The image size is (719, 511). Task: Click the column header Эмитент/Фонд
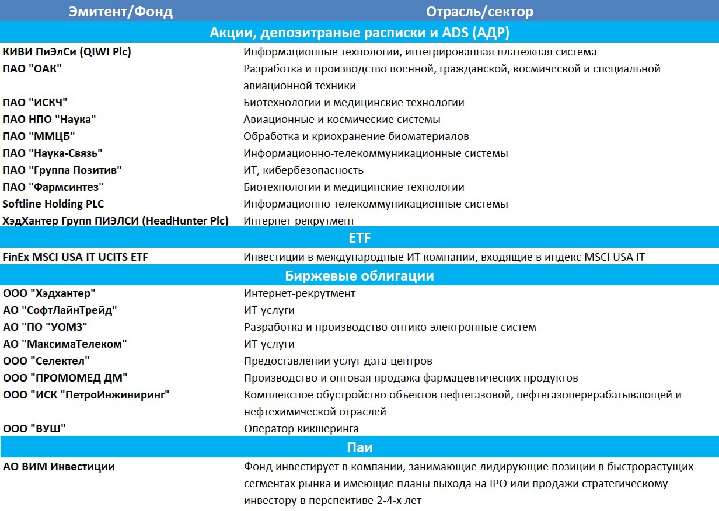point(121,12)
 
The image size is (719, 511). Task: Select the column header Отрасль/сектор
point(479,12)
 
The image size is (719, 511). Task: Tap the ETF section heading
point(359,238)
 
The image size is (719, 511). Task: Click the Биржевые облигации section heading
point(359,276)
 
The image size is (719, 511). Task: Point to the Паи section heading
point(359,448)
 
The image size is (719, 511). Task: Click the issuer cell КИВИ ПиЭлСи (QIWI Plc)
point(67,52)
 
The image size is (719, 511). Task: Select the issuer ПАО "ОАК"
point(32,69)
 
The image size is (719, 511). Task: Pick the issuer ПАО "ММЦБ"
point(39,136)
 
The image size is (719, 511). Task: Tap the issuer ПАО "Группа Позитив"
point(62,170)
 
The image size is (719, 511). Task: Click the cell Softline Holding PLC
point(53,204)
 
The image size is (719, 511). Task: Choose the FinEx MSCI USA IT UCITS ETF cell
point(75,257)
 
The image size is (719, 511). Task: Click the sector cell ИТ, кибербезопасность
point(303,170)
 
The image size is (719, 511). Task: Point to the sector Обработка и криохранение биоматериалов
point(356,136)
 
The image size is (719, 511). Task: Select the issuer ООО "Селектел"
point(46,361)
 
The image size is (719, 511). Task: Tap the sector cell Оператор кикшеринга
point(301,429)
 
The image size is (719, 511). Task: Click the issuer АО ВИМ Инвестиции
point(59,467)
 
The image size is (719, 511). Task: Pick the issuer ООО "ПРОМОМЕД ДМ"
point(65,378)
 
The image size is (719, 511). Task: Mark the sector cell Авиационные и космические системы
point(342,120)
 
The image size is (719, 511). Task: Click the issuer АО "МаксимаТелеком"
point(65,344)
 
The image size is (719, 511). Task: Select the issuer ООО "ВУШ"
point(34,429)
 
